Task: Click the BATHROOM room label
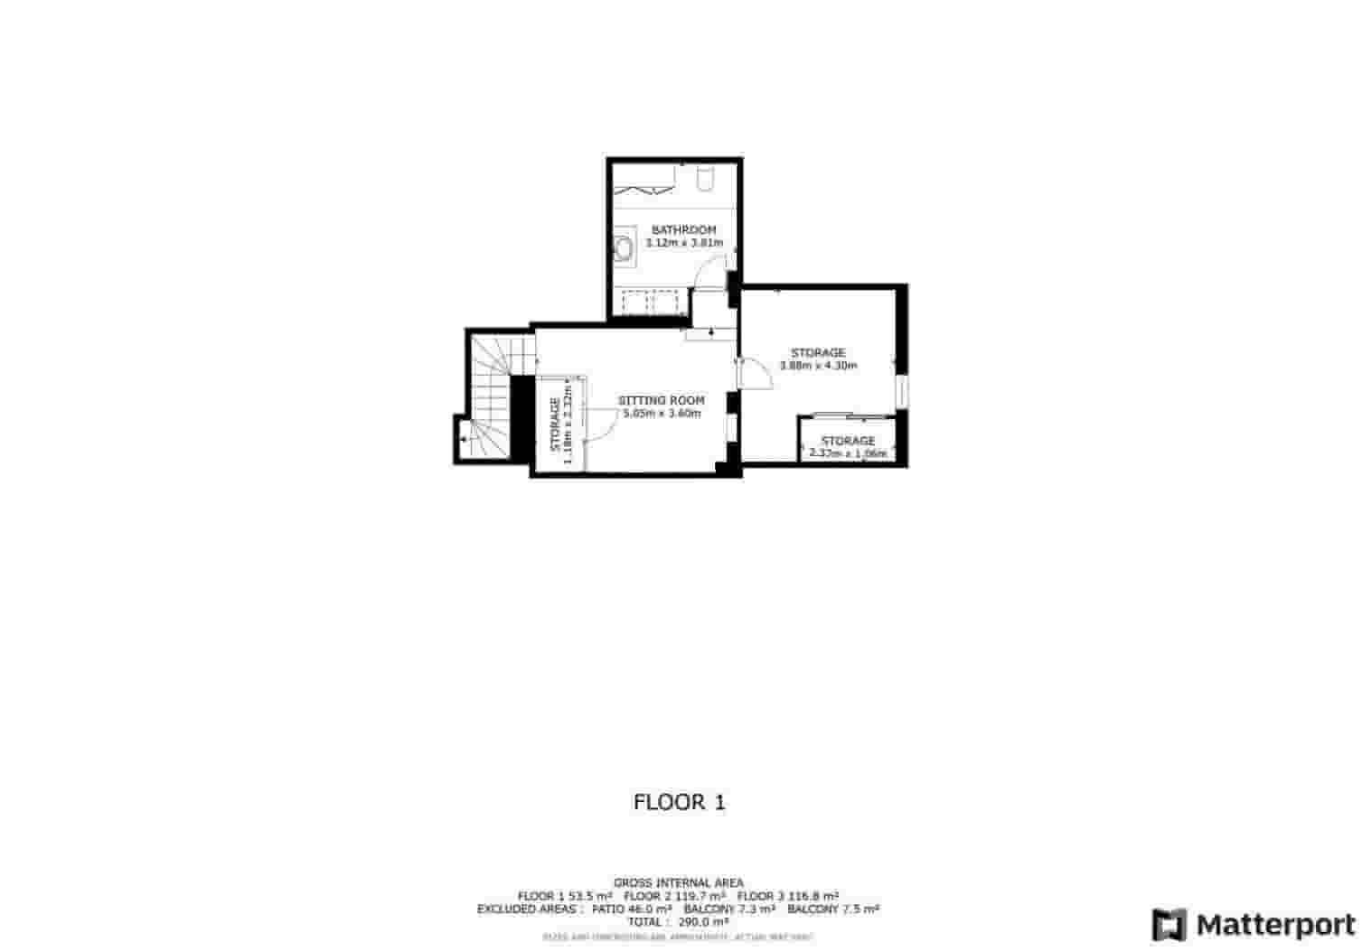point(683,230)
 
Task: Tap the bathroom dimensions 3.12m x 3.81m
point(683,243)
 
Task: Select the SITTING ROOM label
point(661,400)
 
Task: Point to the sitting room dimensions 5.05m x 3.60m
point(661,414)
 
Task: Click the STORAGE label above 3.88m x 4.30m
point(818,352)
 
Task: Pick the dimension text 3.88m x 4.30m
point(818,366)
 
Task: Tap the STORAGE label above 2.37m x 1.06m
point(848,441)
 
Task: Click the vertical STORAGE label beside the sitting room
point(555,424)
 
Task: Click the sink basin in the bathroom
point(624,247)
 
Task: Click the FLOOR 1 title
point(680,802)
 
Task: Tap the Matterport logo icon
point(1169,925)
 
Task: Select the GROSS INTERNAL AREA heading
point(679,882)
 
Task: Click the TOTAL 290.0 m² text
point(679,922)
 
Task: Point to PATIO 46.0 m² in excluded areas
point(631,909)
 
